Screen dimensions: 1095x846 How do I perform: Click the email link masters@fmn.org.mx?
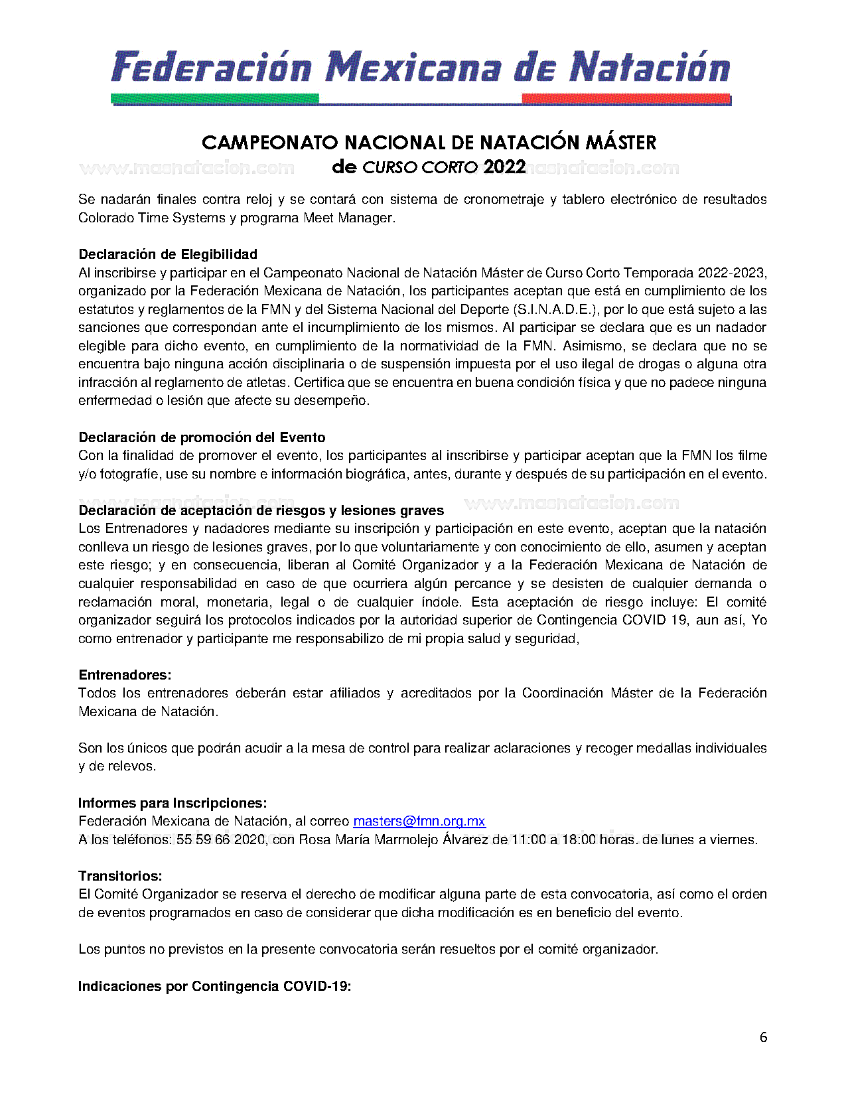[419, 821]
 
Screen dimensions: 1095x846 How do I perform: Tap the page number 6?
[763, 1037]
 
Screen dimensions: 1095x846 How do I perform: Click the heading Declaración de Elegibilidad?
[168, 254]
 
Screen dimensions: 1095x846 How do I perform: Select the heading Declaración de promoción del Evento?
[202, 437]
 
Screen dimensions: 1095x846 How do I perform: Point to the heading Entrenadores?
[125, 675]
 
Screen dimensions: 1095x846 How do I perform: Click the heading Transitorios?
[120, 876]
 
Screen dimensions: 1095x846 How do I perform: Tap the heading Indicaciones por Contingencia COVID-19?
[214, 986]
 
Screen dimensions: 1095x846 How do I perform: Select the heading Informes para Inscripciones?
[173, 803]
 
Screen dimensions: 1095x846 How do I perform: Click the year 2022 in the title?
[504, 167]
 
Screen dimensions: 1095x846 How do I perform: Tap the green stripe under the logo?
[216, 99]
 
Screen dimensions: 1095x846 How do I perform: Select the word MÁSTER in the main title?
[620, 143]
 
